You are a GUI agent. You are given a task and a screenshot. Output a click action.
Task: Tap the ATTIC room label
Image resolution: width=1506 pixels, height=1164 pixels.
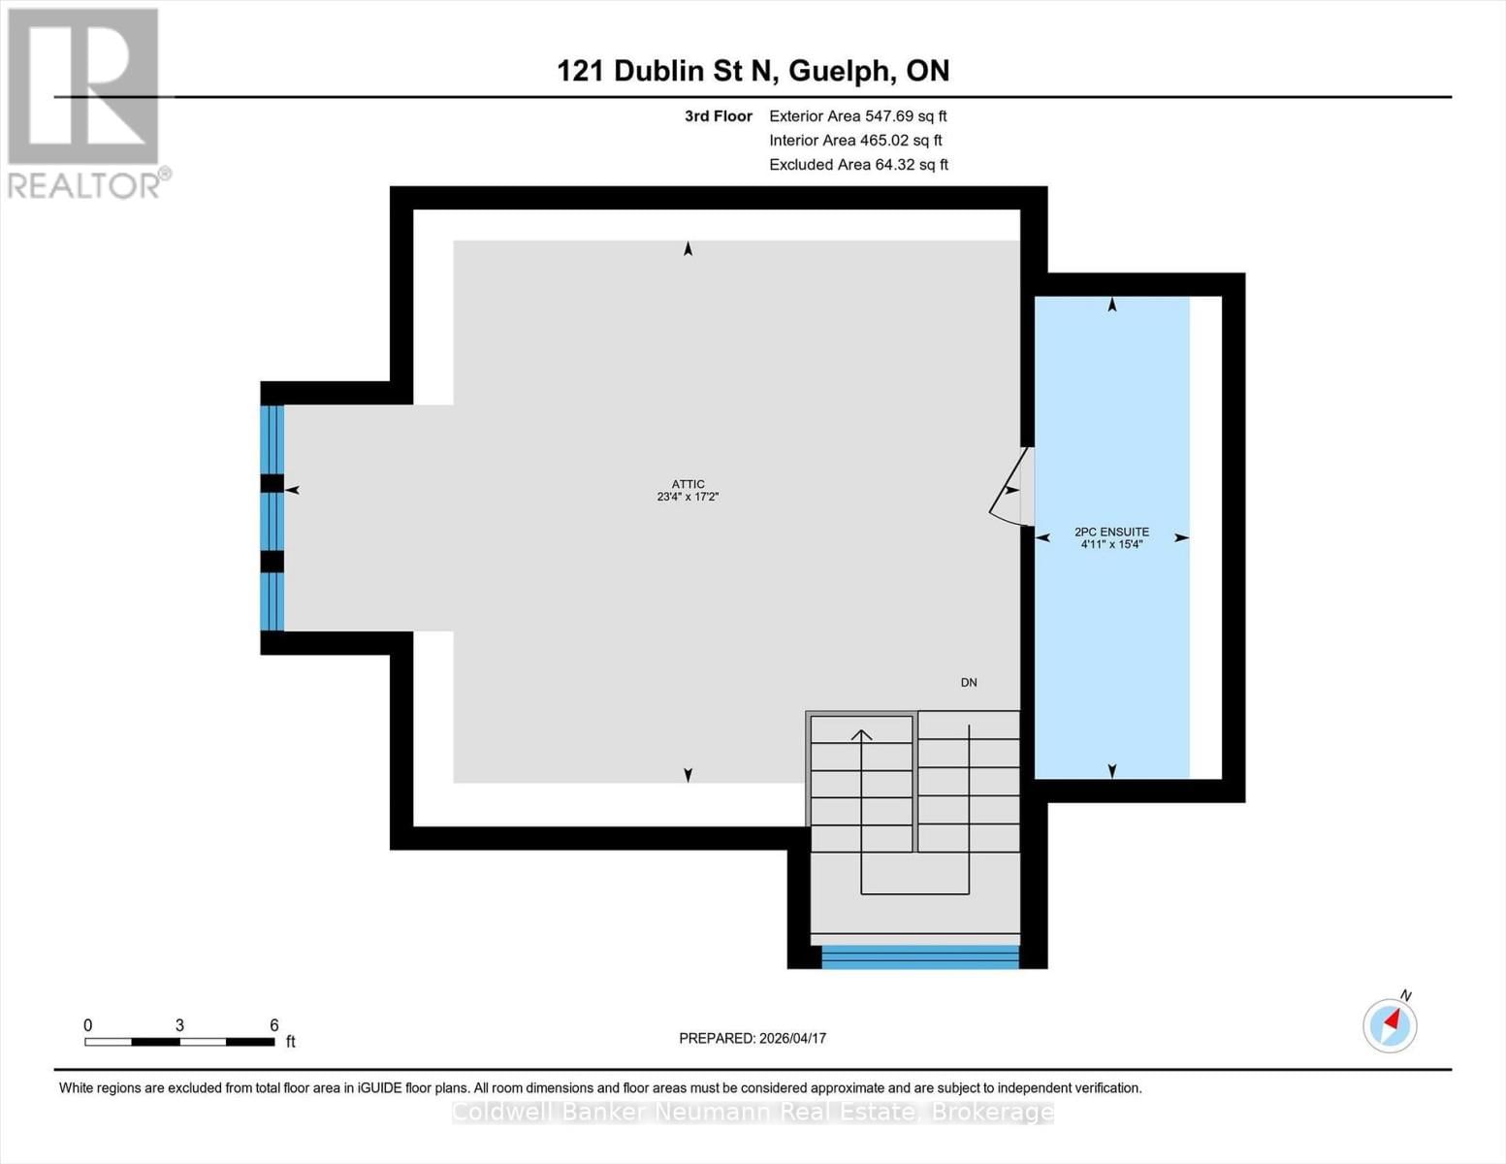point(688,484)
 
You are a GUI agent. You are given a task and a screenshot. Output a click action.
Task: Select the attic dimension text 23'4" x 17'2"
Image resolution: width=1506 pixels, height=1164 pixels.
point(688,497)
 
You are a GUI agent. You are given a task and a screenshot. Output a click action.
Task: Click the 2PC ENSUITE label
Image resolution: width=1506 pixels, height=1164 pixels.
point(1111,532)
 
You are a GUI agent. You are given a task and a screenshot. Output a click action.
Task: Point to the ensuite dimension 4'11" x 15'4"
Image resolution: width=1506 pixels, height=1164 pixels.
point(1111,544)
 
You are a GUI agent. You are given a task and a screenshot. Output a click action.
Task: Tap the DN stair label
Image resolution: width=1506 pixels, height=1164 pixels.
point(968,683)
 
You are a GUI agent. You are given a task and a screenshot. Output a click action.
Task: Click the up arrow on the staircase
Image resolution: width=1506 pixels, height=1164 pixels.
point(861,736)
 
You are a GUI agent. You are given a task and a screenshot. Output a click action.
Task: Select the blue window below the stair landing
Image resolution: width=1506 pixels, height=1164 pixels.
point(919,957)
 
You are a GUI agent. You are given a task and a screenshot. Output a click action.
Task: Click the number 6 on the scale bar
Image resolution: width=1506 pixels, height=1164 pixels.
point(274,1025)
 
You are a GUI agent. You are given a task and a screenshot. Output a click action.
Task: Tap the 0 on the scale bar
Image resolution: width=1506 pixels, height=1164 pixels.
point(88,1025)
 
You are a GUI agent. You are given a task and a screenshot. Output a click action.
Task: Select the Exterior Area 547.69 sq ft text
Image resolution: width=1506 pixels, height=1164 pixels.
point(857,115)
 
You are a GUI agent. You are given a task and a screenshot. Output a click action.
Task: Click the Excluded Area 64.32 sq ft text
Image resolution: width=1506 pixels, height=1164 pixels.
point(858,165)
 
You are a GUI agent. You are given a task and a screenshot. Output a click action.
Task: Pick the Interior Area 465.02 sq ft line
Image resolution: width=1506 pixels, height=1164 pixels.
point(855,141)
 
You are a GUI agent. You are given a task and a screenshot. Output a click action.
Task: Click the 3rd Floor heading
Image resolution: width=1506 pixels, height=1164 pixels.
point(718,115)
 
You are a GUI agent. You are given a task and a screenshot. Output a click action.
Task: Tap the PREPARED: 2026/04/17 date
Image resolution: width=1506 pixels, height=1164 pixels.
point(752,1038)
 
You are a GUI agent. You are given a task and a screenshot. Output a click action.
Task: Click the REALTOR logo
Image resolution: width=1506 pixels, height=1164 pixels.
point(85,102)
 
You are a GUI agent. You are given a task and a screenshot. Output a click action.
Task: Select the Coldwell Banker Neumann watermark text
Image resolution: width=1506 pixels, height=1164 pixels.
point(753,1112)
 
